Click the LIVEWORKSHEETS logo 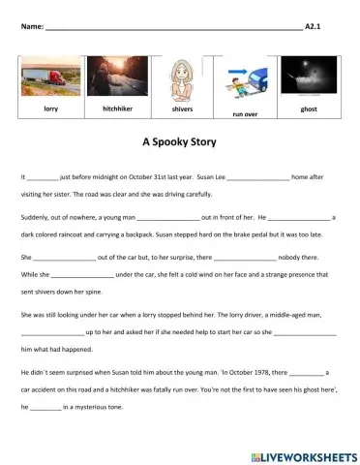pos(301,454)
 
